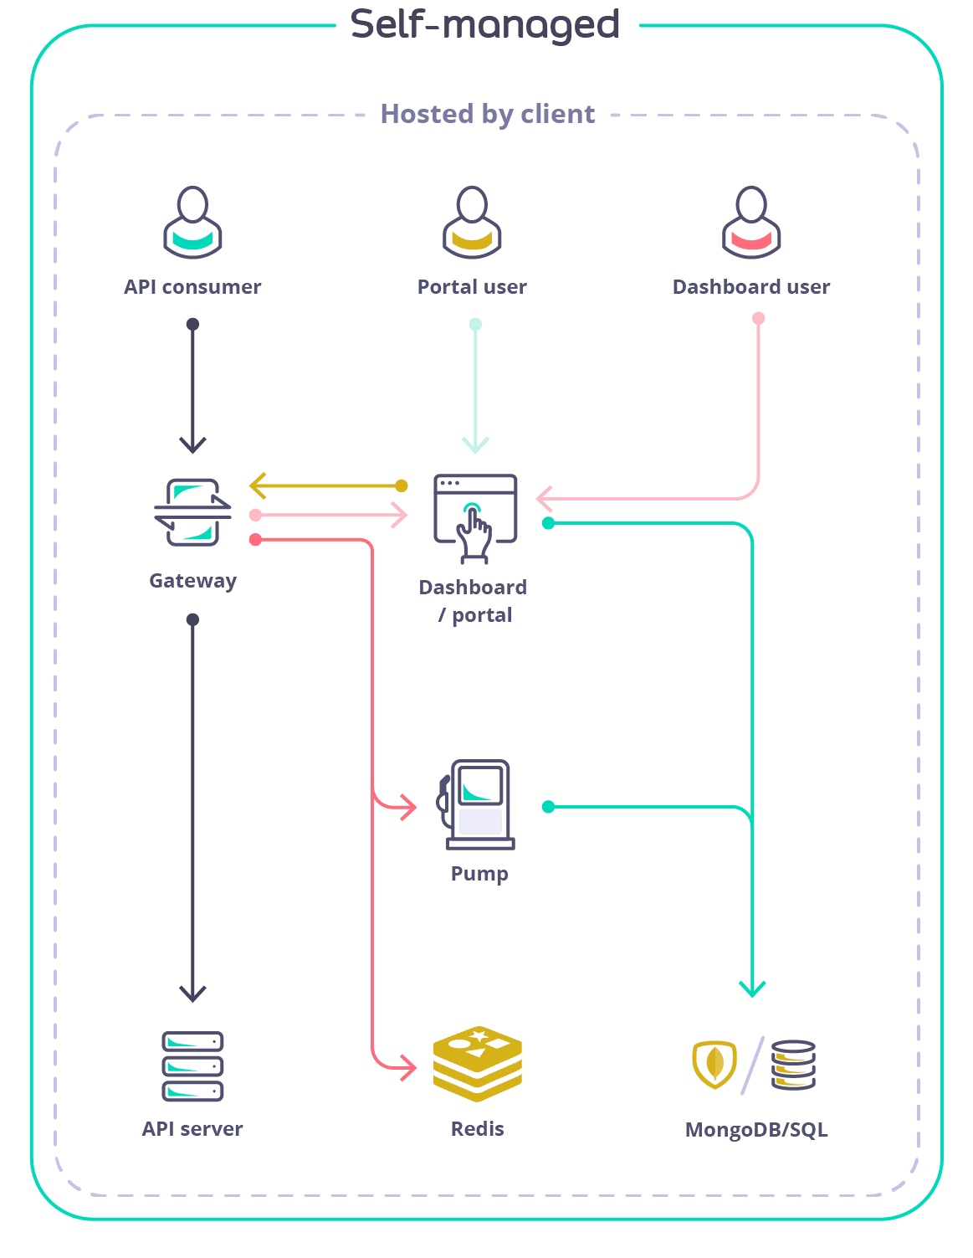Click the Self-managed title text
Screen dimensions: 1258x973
click(x=485, y=25)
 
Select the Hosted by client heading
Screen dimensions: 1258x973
click(x=488, y=114)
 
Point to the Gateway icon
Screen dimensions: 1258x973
click(x=193, y=511)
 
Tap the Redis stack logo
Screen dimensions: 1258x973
click(x=478, y=1064)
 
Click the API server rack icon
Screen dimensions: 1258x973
click(x=192, y=1065)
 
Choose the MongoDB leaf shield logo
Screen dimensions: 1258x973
click(x=714, y=1064)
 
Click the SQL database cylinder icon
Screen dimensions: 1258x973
click(x=793, y=1064)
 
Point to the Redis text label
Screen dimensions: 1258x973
click(x=478, y=1129)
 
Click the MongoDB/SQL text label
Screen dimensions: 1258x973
click(x=756, y=1130)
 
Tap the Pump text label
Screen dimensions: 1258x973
click(x=479, y=874)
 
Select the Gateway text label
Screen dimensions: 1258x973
click(x=193, y=581)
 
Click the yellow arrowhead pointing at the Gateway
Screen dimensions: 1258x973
click(x=256, y=485)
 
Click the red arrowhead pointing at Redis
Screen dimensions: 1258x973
click(x=409, y=1068)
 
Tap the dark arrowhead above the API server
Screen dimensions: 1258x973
click(x=192, y=994)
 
